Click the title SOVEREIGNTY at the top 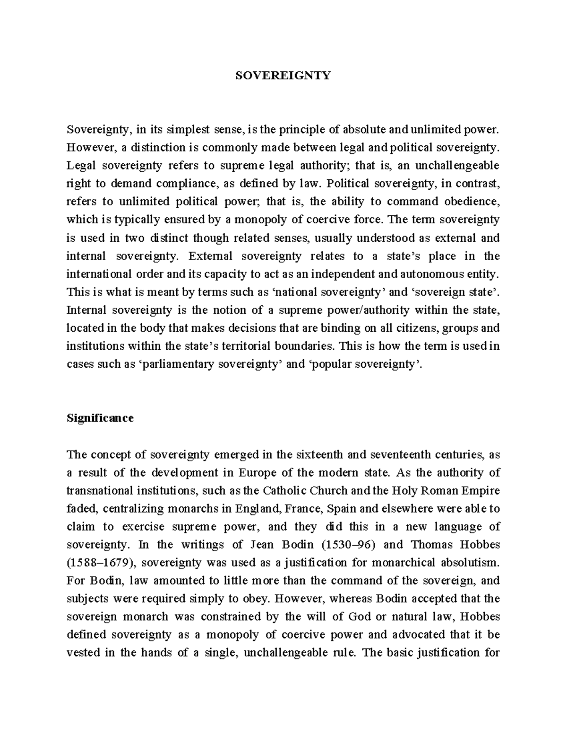283,76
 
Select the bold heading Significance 100,418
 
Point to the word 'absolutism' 470,563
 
